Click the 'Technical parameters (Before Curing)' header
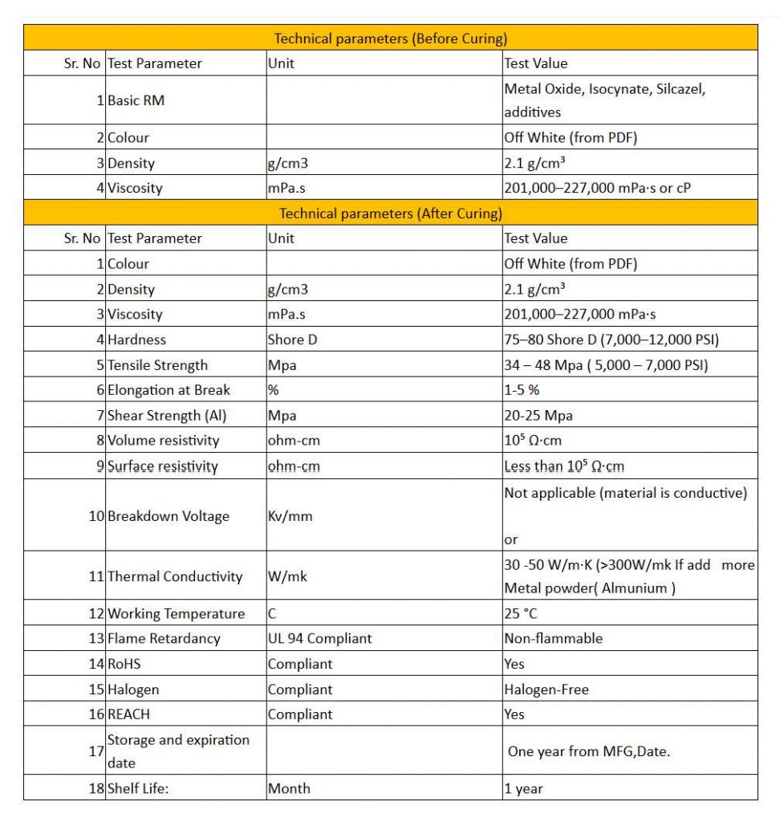[x=390, y=39]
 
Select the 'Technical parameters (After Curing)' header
[x=390, y=214]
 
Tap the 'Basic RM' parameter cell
[x=136, y=101]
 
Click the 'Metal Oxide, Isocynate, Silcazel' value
[x=604, y=89]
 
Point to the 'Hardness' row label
[x=136, y=340]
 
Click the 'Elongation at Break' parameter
[x=169, y=390]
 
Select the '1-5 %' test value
[x=522, y=390]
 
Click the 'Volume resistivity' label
[x=163, y=441]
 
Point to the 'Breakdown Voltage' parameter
[x=168, y=516]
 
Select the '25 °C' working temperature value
[x=520, y=614]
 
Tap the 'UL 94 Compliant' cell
[x=319, y=639]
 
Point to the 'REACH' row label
[x=128, y=714]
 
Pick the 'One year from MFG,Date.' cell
[x=588, y=752]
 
